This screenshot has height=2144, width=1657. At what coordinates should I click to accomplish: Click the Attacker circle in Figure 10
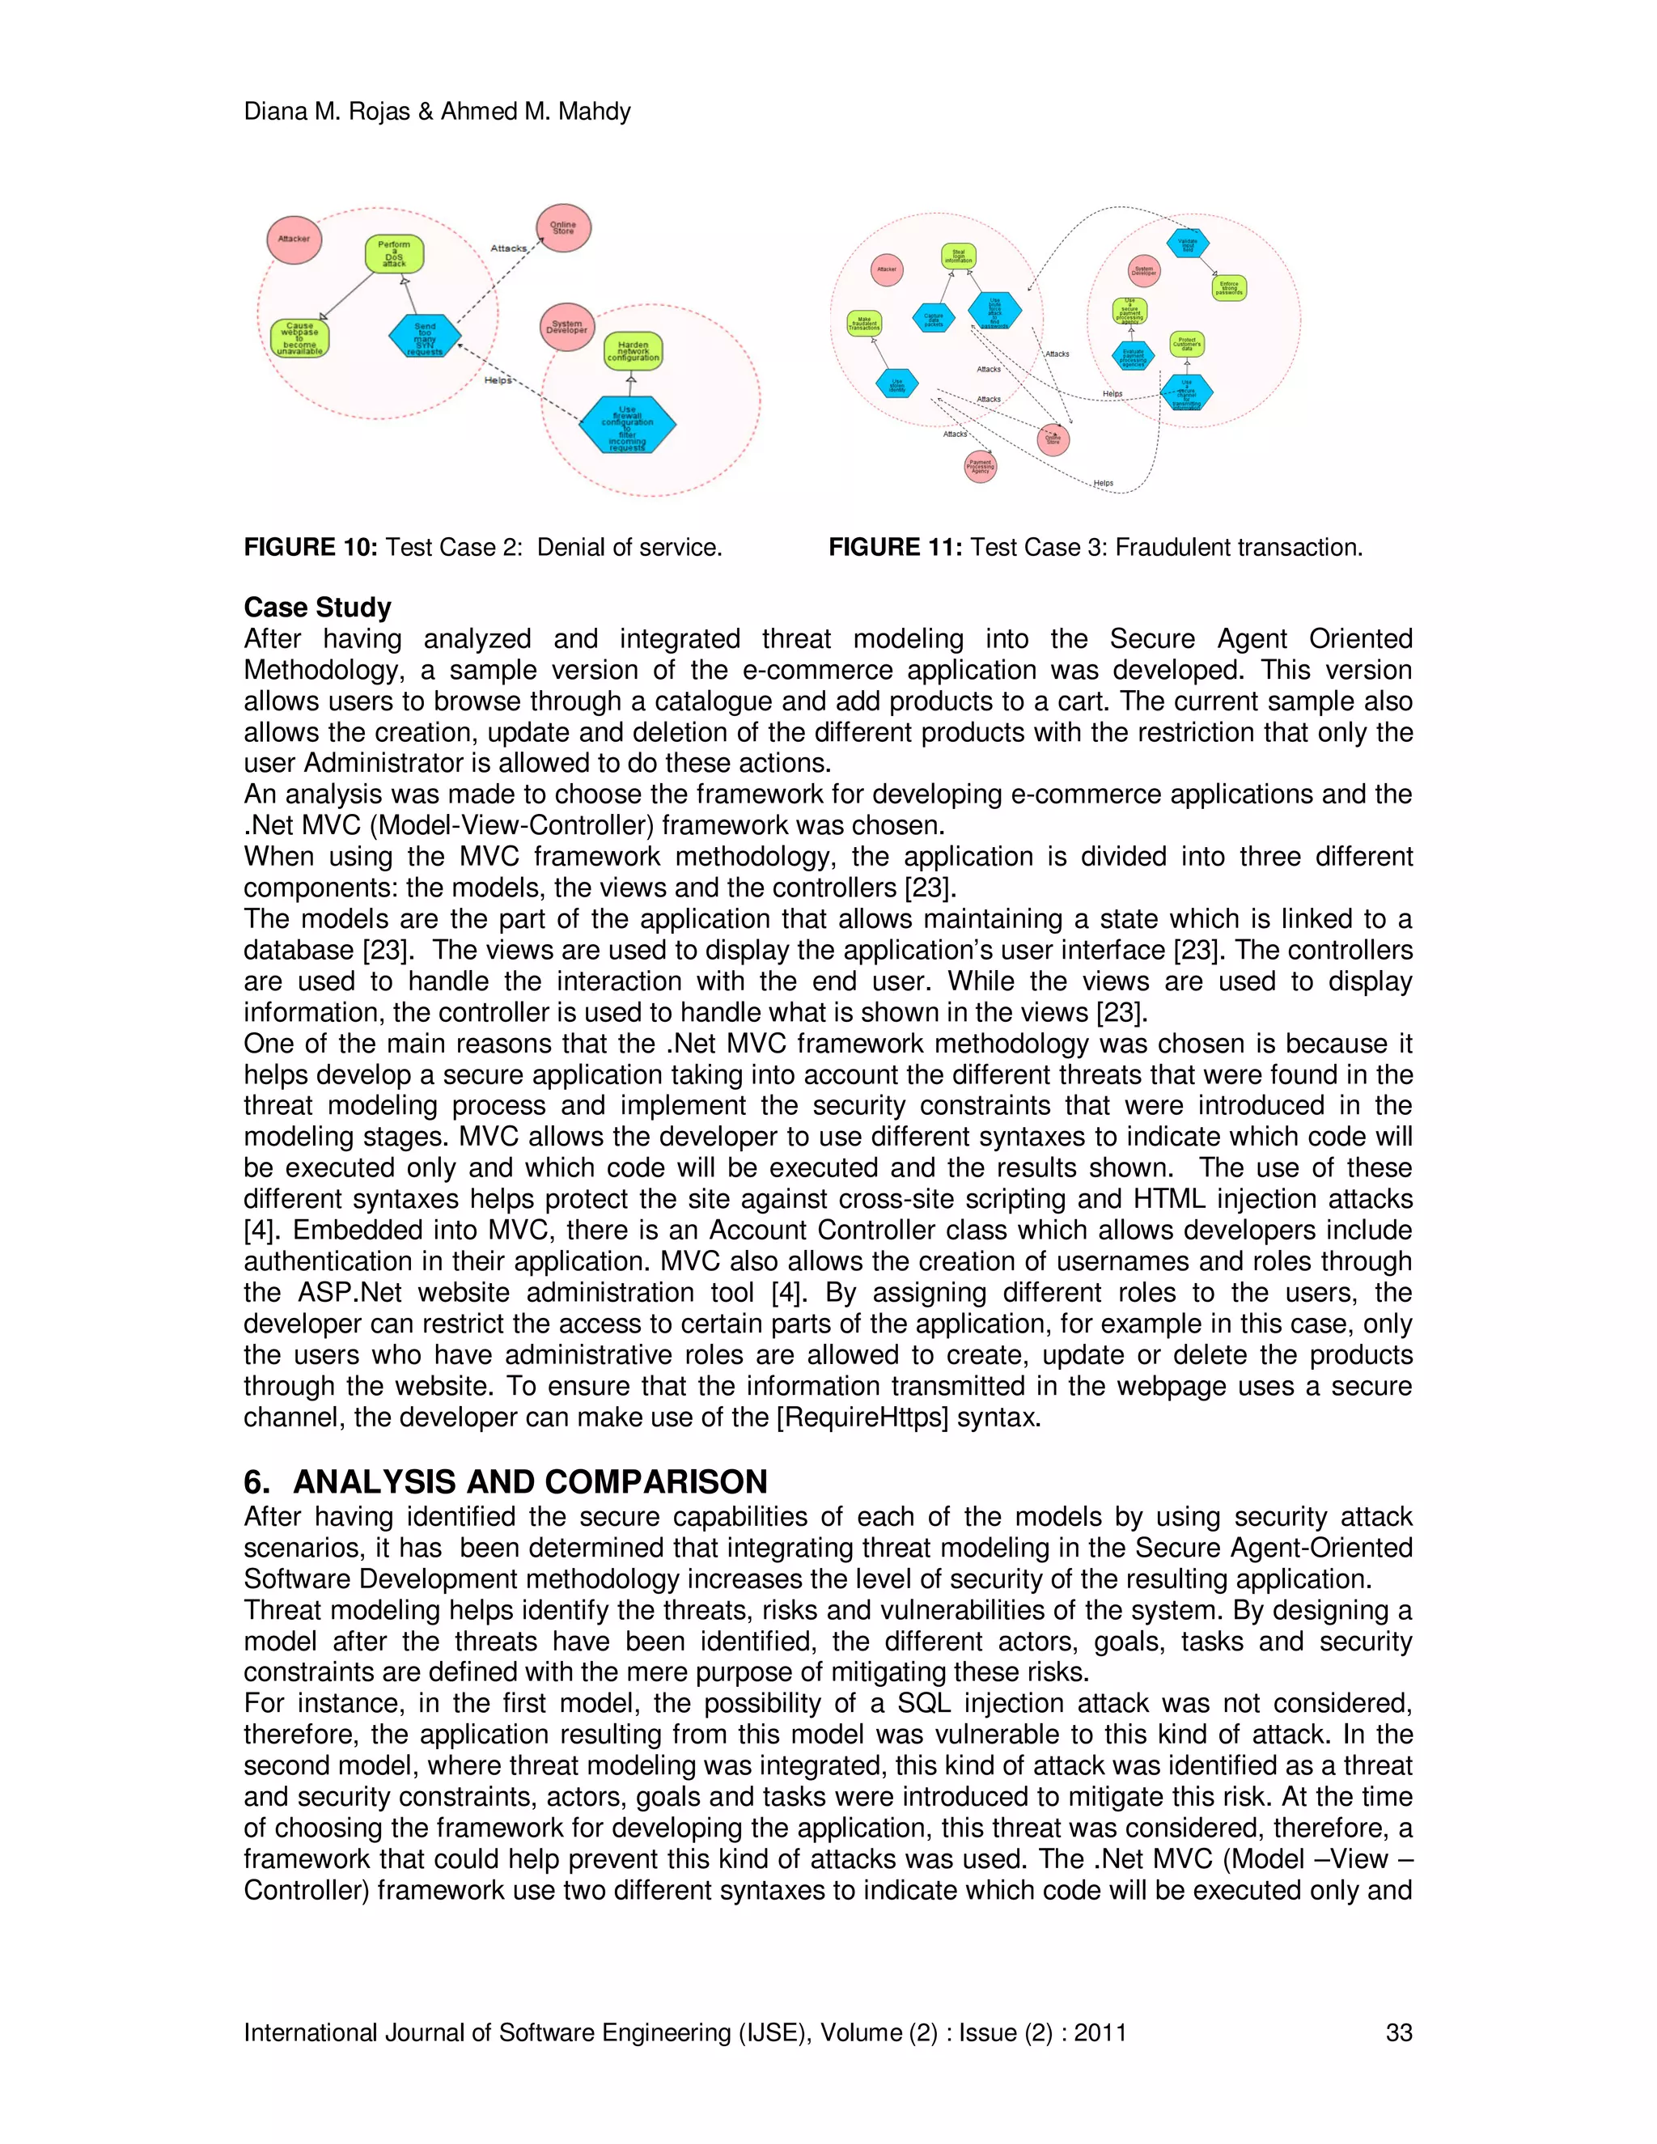(295, 239)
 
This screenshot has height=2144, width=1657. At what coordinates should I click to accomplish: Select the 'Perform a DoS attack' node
(395, 254)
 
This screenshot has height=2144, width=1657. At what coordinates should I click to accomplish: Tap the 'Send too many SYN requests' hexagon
(425, 336)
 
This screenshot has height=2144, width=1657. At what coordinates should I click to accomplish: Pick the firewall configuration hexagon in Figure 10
(627, 425)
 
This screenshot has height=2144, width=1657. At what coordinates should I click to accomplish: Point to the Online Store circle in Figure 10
(563, 228)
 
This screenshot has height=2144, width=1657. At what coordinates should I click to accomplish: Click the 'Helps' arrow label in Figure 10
(498, 380)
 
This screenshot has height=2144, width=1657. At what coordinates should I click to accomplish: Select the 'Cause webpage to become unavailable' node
(299, 339)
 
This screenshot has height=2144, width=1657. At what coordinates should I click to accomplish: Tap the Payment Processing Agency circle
(980, 465)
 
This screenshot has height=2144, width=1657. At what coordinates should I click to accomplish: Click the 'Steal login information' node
(958, 257)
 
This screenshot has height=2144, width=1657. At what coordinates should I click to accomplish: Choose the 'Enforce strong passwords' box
(1229, 288)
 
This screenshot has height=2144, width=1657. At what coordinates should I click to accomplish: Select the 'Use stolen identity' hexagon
(897, 383)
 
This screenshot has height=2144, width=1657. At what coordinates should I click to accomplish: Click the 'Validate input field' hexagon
(1188, 244)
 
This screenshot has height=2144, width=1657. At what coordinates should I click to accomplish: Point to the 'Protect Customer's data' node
(1187, 344)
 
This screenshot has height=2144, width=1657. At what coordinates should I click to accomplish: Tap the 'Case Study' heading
(317, 607)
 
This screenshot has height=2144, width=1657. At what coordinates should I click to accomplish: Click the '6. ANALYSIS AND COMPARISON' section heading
(505, 1481)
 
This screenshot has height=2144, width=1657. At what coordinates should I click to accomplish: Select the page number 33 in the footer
(1398, 2032)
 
